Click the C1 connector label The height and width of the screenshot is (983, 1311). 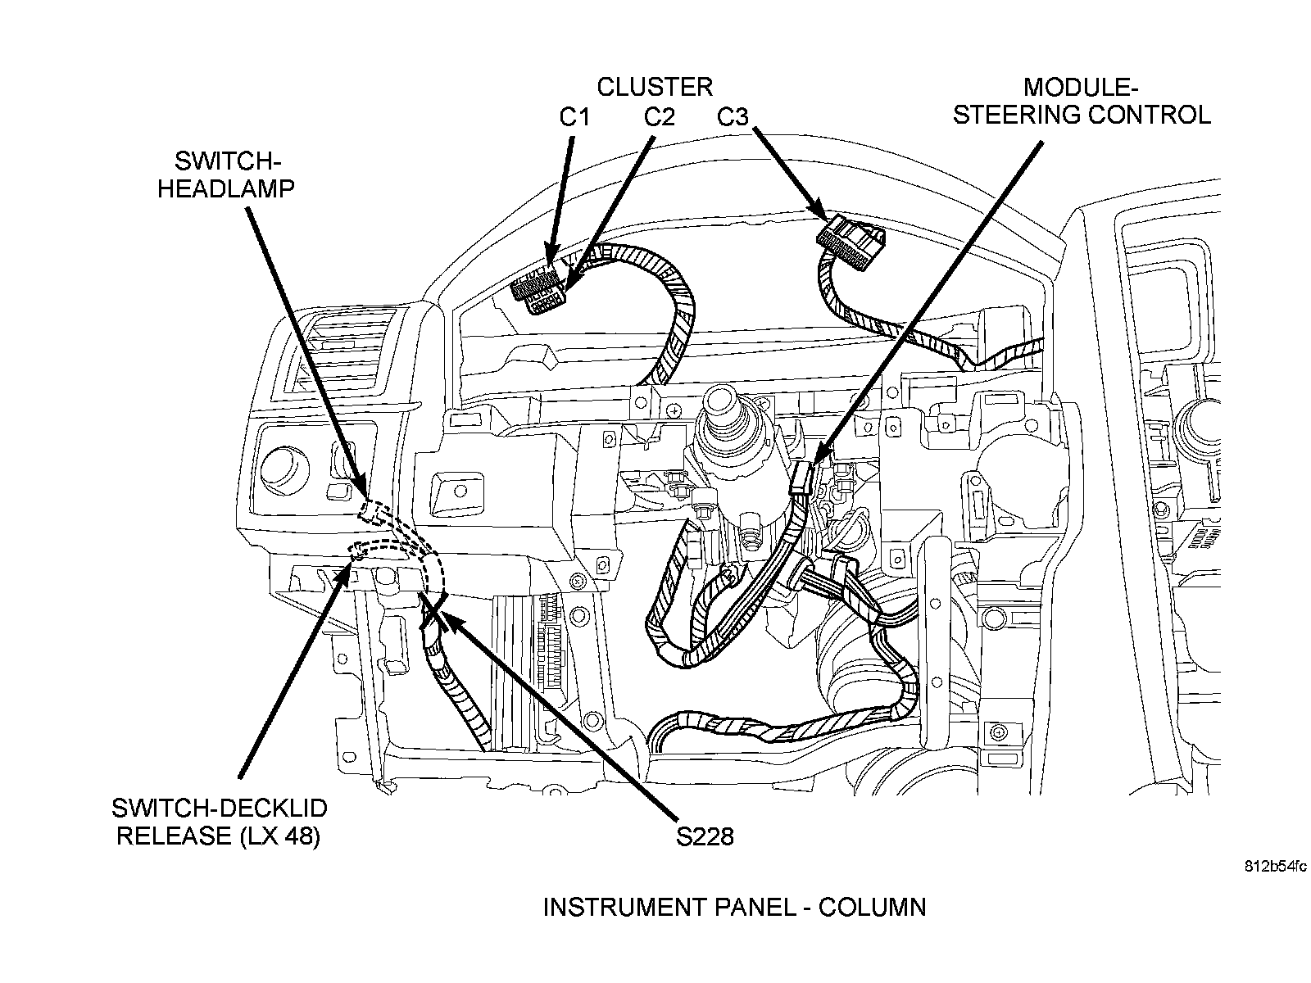coord(574,117)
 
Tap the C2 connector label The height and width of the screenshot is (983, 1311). coord(659,117)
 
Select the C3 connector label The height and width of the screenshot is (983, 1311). coord(733,117)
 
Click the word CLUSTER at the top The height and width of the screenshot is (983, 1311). coord(654,86)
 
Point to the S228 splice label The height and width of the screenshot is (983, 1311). coord(705,836)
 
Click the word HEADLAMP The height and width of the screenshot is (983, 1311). coord(225,188)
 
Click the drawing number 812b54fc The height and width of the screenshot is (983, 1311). coord(1274,866)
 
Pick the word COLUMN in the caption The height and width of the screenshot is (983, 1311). coord(872,908)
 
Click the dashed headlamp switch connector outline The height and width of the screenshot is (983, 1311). coord(373,511)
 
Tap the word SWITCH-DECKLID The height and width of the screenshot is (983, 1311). coord(219,809)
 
